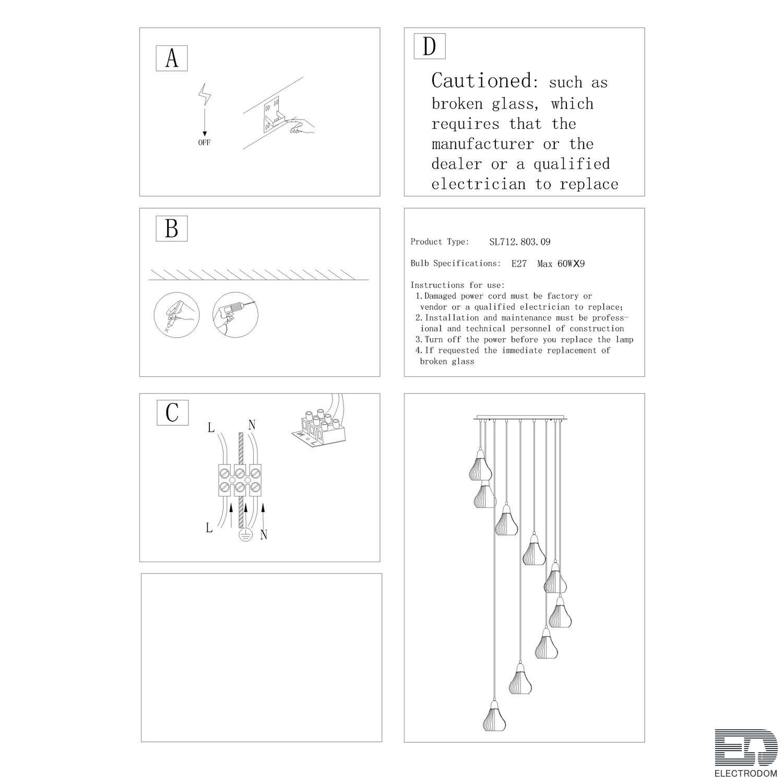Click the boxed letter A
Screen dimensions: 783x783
[x=172, y=58]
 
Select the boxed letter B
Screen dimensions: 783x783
[x=172, y=229]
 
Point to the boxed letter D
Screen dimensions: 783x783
[x=430, y=46]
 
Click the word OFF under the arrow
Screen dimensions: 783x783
[x=204, y=143]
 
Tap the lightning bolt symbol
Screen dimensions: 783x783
[x=204, y=96]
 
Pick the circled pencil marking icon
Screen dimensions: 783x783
[x=177, y=315]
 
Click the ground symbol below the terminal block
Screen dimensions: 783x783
[x=245, y=533]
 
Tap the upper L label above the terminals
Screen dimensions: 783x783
[x=211, y=428]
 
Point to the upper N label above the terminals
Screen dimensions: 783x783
[x=252, y=425]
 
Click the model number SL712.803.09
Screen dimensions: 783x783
[x=520, y=242]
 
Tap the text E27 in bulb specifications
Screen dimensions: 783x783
[x=519, y=264]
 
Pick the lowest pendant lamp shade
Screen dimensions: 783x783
[x=494, y=716]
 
